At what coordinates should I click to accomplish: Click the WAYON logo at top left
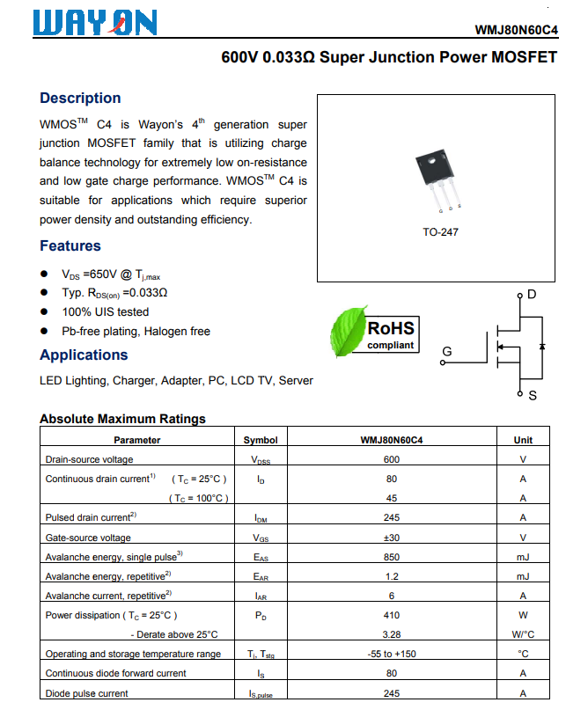[x=94, y=23]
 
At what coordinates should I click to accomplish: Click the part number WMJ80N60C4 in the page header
[x=516, y=29]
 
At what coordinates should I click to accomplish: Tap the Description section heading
[x=80, y=98]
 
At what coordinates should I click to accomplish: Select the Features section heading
[x=70, y=245]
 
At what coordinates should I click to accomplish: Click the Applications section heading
[x=84, y=355]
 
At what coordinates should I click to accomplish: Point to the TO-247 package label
[x=440, y=232]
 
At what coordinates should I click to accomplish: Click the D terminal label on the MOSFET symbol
[x=531, y=294]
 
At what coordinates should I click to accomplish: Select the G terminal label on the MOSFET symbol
[x=447, y=352]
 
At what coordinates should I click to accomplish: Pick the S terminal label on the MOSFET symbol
[x=532, y=396]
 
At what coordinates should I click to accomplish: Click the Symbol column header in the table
[x=261, y=440]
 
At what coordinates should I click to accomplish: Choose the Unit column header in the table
[x=523, y=440]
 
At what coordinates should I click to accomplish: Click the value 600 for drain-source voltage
[x=391, y=459]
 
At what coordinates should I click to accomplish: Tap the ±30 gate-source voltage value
[x=391, y=538]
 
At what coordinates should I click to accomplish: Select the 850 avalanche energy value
[x=391, y=557]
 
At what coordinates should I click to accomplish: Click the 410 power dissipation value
[x=391, y=615]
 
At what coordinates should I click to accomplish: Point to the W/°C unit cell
[x=523, y=634]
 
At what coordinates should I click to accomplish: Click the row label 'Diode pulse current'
[x=86, y=693]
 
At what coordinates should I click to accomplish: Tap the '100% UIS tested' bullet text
[x=105, y=311]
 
